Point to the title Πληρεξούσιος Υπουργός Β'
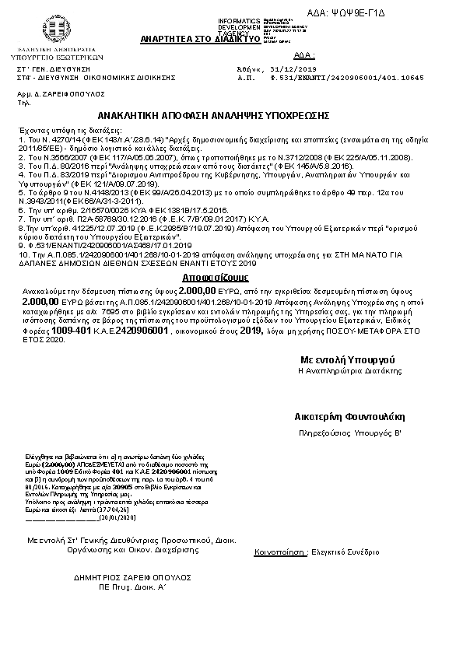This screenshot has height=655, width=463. [x=350, y=431]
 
